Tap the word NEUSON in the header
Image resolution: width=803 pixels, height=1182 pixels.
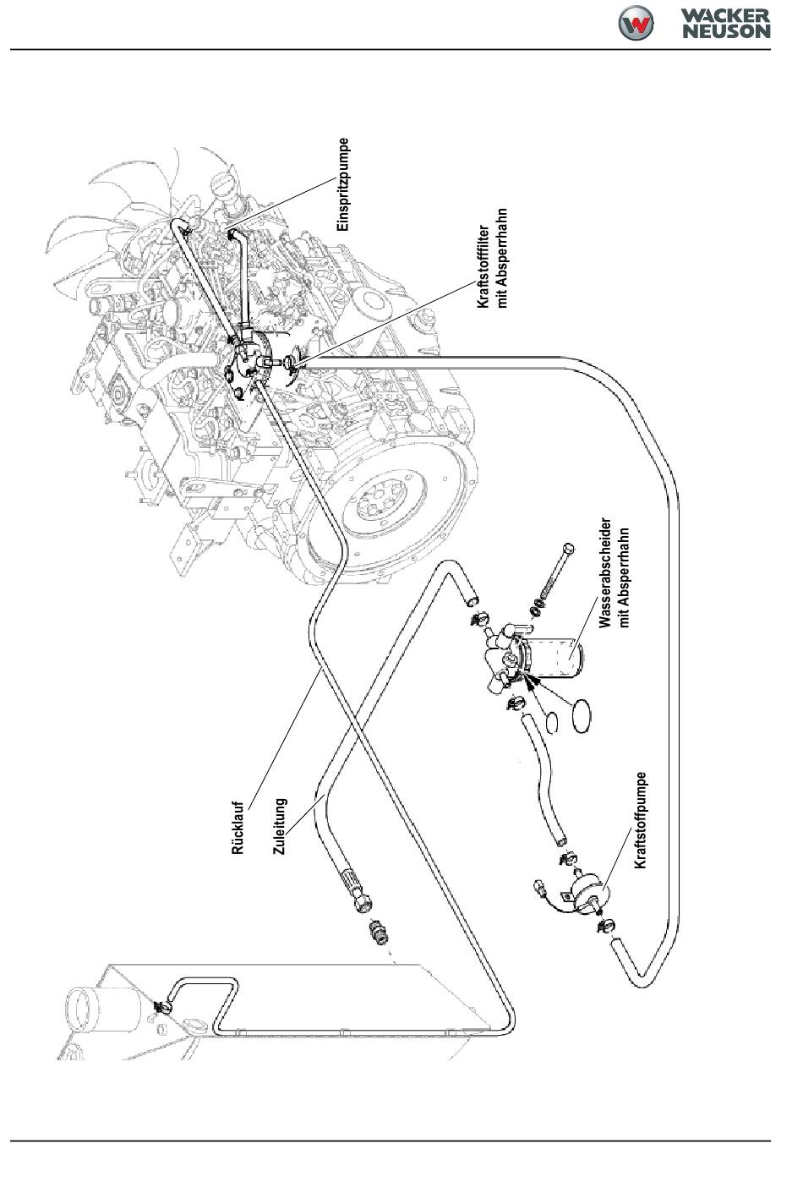point(727,31)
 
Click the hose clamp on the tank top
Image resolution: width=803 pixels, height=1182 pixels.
point(161,1006)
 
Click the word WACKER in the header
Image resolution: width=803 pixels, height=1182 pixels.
point(726,14)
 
